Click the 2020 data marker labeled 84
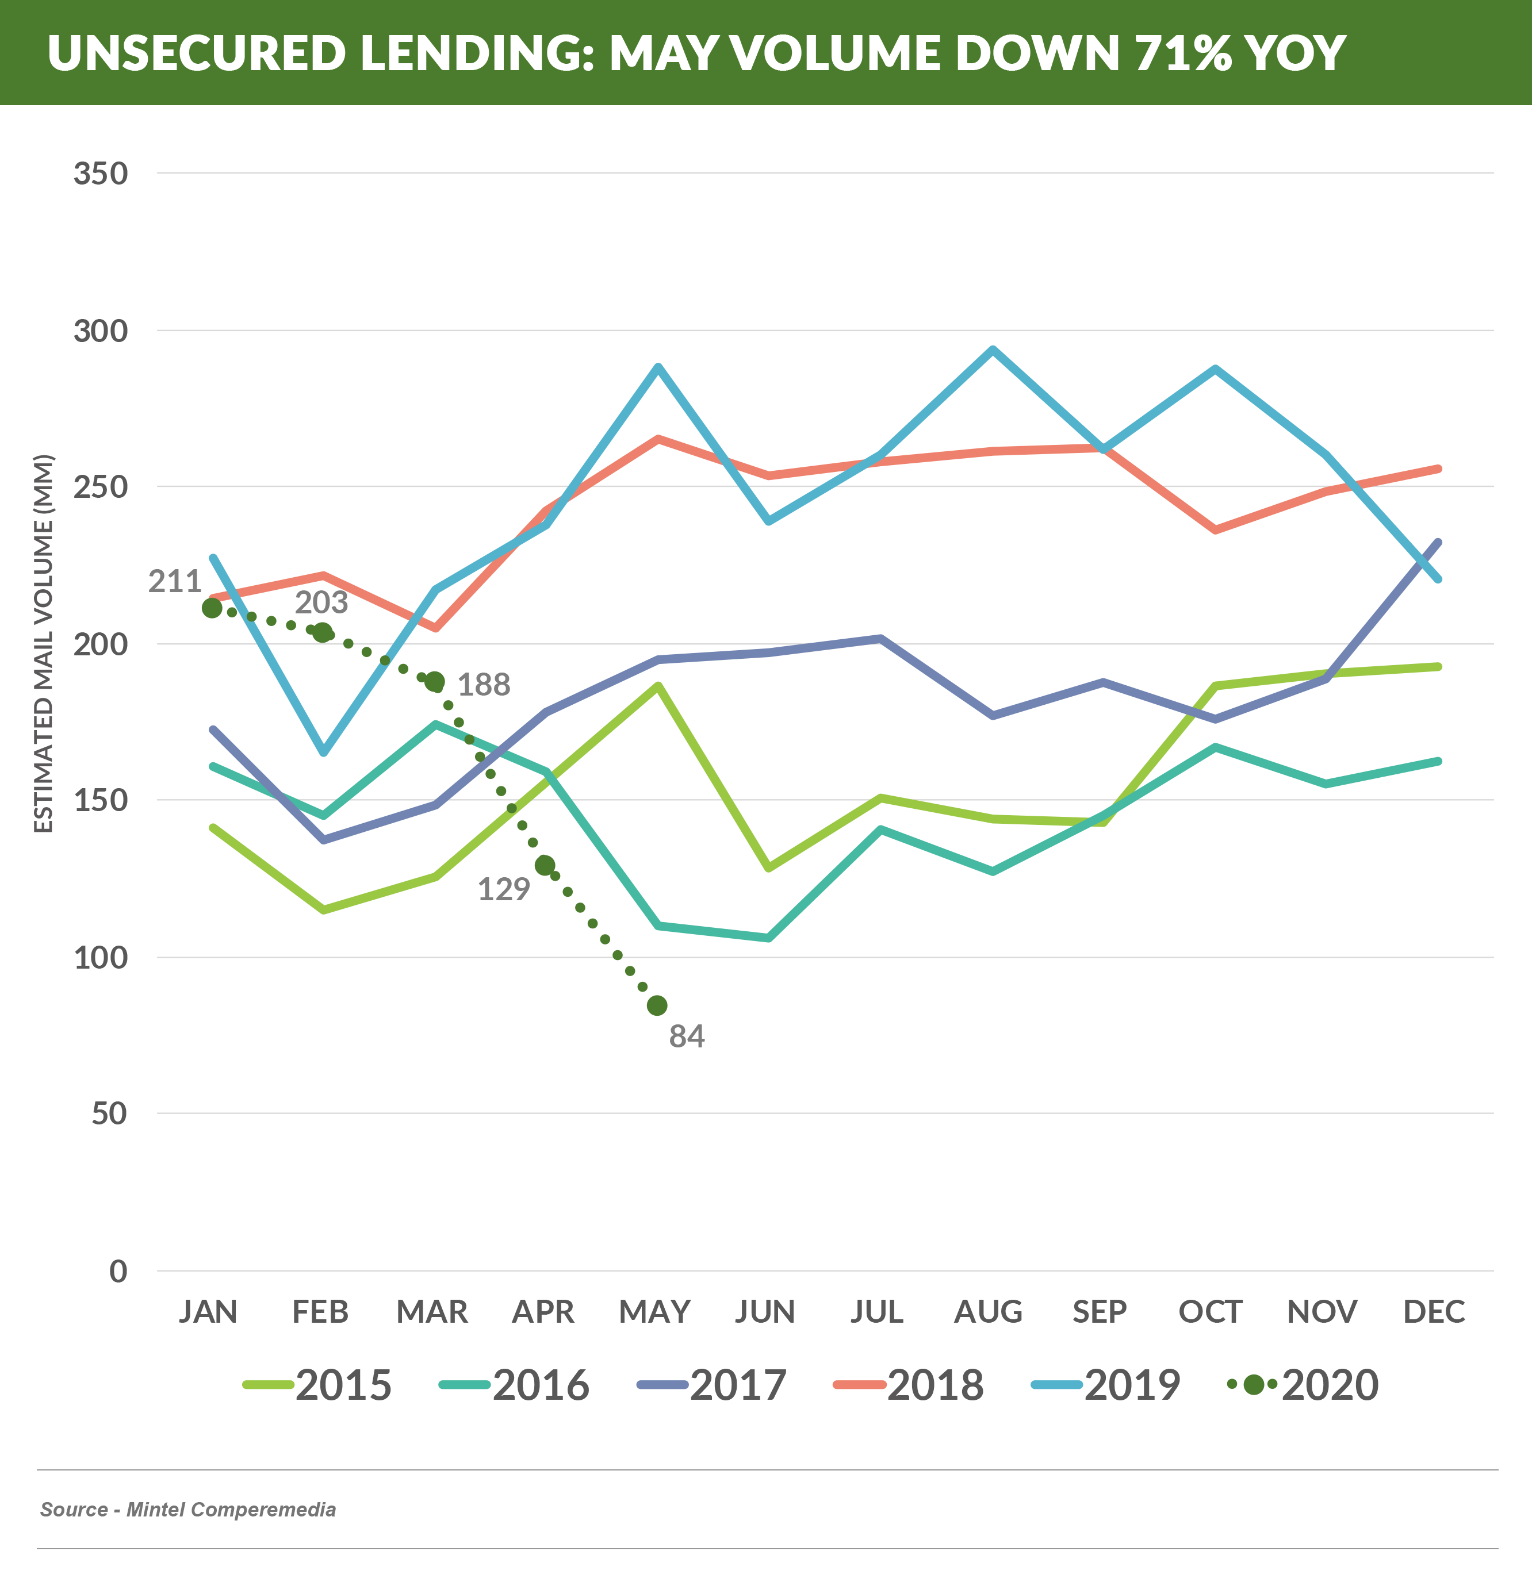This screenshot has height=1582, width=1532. pos(657,1005)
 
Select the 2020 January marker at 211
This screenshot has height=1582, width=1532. pos(212,608)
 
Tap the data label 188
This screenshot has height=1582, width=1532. pos(484,685)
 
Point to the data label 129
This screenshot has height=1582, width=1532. pos(503,889)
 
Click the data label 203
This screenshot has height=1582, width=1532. pos(321,602)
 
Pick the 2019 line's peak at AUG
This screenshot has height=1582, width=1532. pos(993,350)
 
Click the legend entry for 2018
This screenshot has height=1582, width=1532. pos(909,1385)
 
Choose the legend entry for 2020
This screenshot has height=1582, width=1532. pos(1303,1385)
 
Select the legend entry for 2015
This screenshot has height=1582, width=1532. pos(317,1385)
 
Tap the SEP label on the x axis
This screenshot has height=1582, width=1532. pos(1099,1312)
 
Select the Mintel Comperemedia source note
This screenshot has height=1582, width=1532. pos(188,1510)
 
